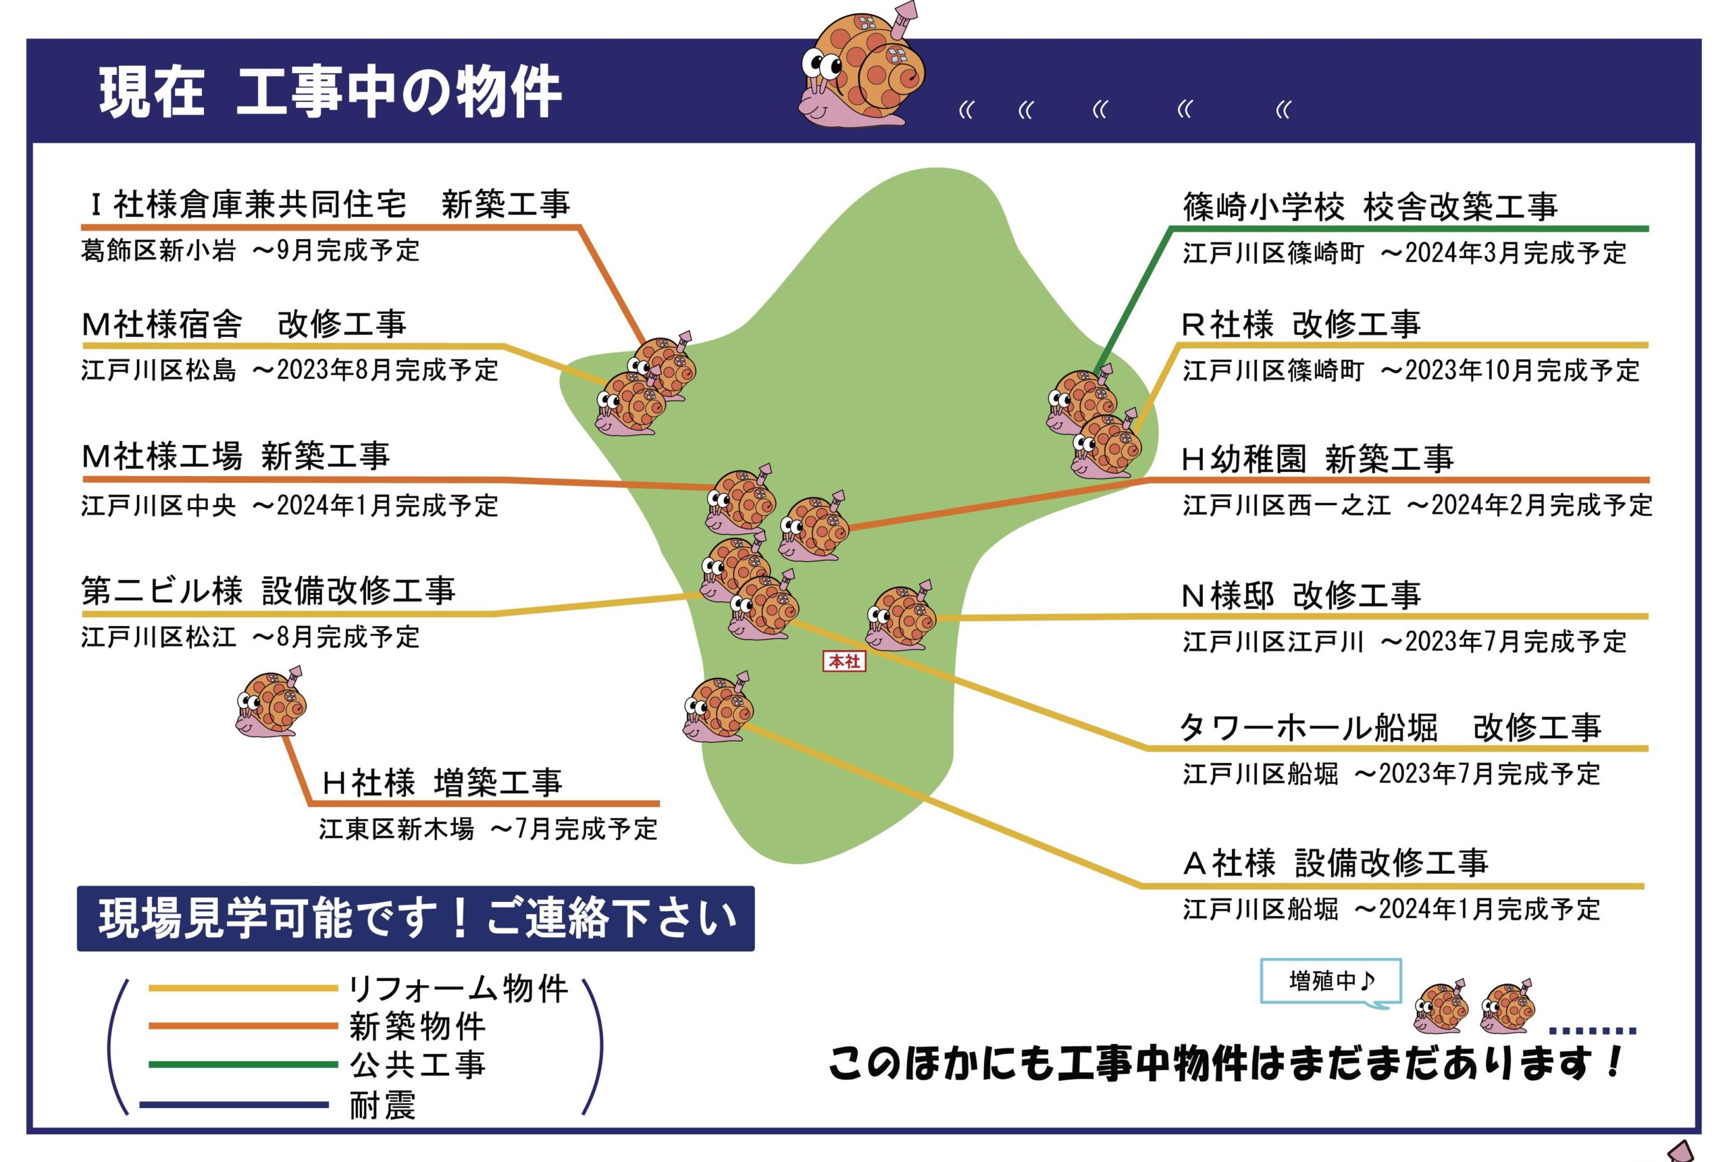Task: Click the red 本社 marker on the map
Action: coord(844,661)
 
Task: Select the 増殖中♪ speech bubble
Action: coord(1331,982)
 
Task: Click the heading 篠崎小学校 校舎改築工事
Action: coord(1370,206)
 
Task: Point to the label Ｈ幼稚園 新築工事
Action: coord(1317,458)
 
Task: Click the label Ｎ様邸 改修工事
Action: coord(1301,595)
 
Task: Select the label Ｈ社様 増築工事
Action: coord(442,783)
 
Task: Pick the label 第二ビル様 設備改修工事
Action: coord(267,591)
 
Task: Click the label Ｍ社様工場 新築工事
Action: coord(236,456)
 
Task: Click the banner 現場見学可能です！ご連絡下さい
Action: coord(416,918)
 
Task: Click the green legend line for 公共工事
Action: coord(243,1064)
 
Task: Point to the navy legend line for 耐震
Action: coord(234,1104)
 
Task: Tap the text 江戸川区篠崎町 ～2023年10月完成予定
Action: coord(1411,370)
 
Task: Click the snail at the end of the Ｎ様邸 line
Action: coord(900,616)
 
